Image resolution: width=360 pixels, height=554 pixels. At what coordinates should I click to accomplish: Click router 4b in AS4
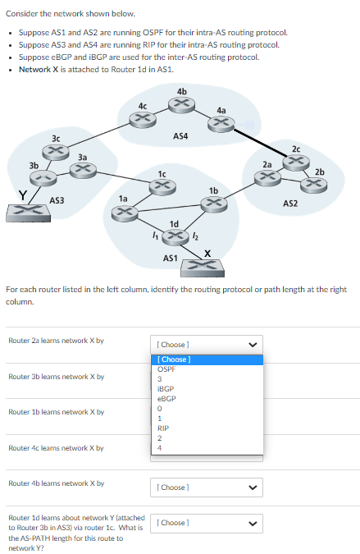pos(181,103)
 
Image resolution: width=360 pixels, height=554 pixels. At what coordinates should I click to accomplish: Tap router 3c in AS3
pos(56,151)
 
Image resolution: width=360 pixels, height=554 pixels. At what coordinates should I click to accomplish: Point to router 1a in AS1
pos(123,213)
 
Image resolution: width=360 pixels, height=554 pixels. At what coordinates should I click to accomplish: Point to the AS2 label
pos(291,202)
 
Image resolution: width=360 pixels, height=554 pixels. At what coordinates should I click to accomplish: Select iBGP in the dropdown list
pos(166,388)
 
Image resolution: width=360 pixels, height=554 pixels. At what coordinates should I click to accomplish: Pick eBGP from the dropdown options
pos(166,398)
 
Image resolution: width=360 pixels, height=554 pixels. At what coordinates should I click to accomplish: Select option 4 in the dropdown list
pos(159,447)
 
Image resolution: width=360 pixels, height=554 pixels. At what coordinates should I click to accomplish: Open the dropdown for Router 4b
pos(207,488)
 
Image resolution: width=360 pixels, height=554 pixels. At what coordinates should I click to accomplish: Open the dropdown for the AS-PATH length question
pos(207,523)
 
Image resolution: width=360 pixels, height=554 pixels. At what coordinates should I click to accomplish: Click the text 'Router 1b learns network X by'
pos(56,412)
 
